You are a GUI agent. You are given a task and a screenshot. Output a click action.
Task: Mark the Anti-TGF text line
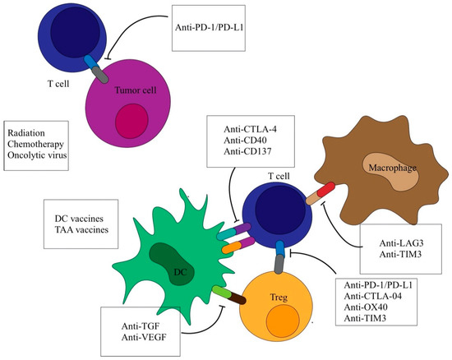133,323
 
